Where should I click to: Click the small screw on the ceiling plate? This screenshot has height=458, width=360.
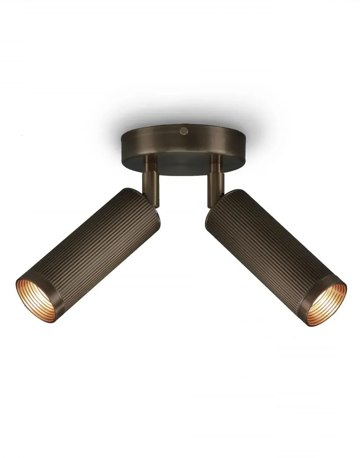pos(184,131)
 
